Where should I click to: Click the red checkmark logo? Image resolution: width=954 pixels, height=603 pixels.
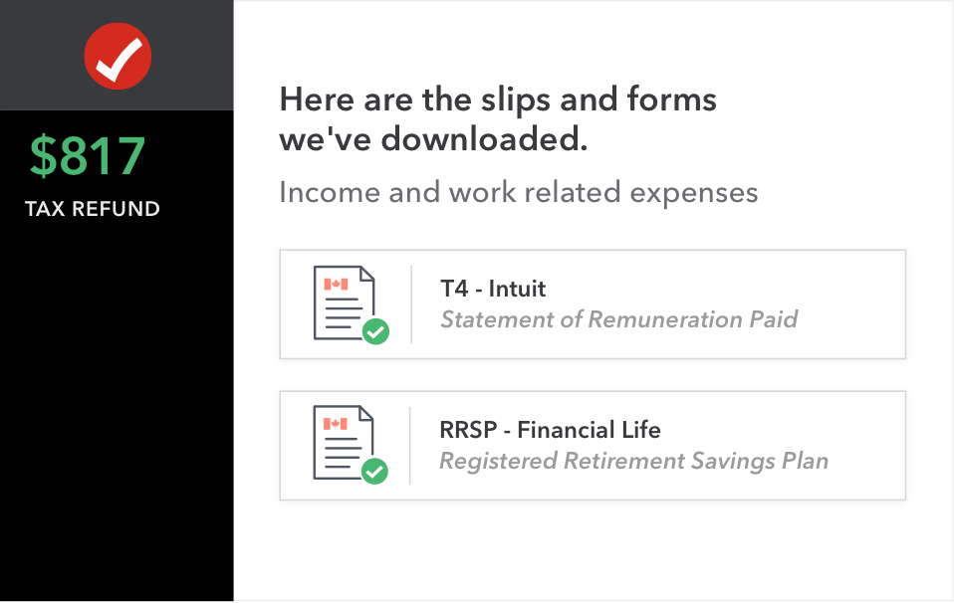tap(118, 56)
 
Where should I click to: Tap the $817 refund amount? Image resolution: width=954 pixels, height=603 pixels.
tap(88, 156)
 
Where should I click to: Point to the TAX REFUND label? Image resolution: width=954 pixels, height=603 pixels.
tap(93, 209)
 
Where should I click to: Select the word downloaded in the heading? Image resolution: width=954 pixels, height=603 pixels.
tap(484, 139)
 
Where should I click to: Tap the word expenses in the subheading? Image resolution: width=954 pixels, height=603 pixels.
tap(694, 194)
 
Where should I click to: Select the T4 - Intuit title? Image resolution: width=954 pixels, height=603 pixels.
tap(493, 289)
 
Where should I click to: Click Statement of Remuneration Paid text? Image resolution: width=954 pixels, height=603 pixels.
tap(618, 319)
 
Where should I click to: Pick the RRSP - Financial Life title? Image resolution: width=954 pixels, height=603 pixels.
tap(550, 430)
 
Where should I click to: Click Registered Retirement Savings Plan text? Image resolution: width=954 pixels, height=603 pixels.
tap(634, 461)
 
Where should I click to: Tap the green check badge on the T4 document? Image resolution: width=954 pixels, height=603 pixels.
tap(376, 331)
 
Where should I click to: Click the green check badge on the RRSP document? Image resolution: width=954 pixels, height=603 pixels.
tap(374, 471)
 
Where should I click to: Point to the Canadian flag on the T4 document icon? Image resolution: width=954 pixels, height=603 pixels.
tap(336, 284)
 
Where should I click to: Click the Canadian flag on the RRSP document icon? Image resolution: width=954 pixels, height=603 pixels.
tap(336, 424)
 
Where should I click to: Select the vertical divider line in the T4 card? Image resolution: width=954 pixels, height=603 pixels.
tap(411, 304)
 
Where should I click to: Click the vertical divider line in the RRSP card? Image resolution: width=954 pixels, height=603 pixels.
tap(410, 446)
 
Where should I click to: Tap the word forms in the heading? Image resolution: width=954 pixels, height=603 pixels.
tap(672, 100)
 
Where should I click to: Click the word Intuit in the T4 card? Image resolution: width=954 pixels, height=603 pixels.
tap(517, 289)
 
